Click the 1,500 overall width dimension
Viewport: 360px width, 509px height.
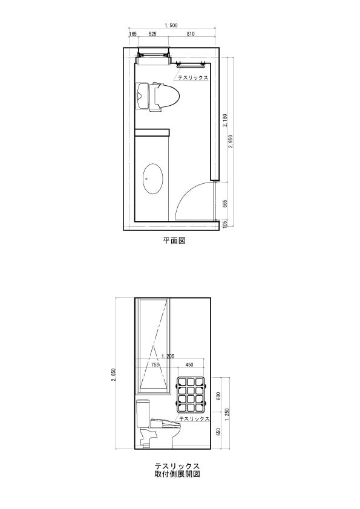(x=171, y=25)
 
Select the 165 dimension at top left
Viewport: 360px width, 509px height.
(x=133, y=34)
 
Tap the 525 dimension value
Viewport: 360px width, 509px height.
(x=152, y=34)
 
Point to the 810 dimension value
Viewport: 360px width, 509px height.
(x=191, y=34)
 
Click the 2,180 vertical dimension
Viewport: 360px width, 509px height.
(x=226, y=120)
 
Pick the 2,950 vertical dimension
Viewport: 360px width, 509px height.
(x=231, y=141)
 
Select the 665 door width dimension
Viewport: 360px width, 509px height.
(x=226, y=203)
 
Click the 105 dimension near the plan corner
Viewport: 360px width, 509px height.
(x=226, y=224)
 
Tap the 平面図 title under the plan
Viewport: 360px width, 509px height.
(x=174, y=241)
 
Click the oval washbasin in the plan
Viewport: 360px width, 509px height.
(x=152, y=178)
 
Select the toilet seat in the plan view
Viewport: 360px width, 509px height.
(x=167, y=96)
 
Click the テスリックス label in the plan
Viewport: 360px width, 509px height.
(x=193, y=78)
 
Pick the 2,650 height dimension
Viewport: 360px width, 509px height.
(x=113, y=375)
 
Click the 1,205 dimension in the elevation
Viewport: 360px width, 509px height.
(x=168, y=356)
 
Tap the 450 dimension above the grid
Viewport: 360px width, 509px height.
(x=189, y=365)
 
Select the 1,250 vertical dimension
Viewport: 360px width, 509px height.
(x=227, y=415)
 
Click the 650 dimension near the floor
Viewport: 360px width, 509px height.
(x=218, y=432)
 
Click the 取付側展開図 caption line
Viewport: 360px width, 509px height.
(x=177, y=474)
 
